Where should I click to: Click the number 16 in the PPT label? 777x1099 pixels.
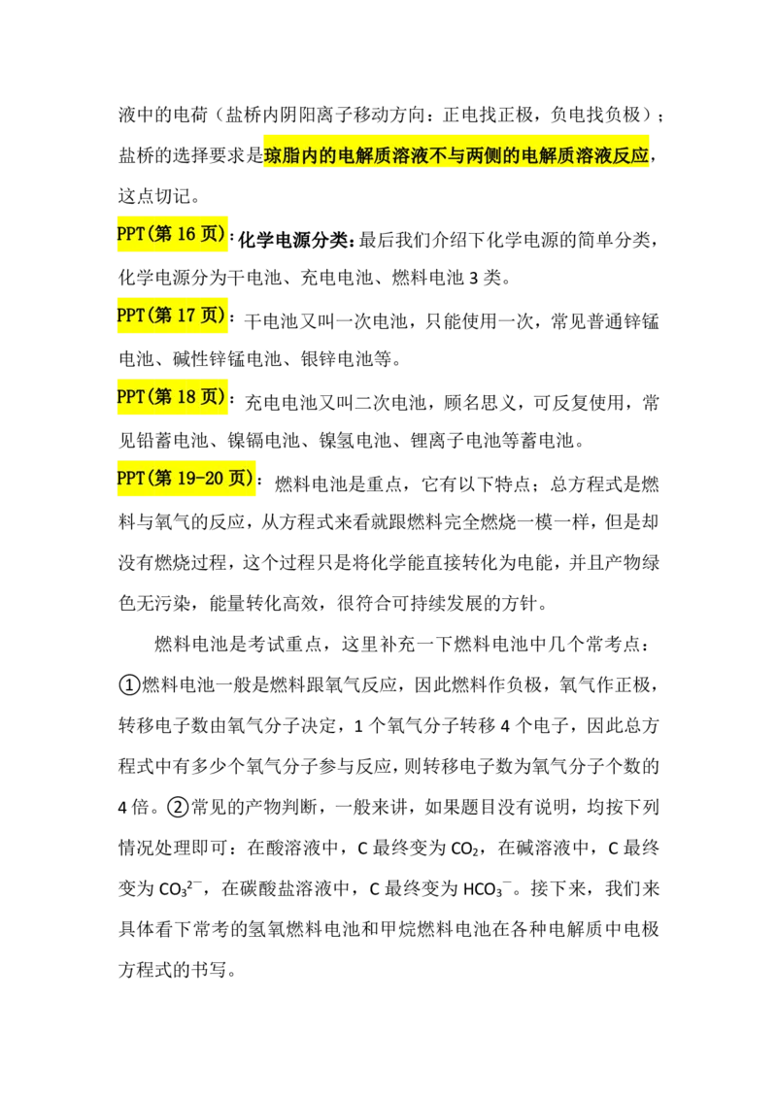[187, 235]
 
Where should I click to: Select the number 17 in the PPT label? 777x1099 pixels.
[187, 316]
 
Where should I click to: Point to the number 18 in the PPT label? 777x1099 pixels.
[187, 396]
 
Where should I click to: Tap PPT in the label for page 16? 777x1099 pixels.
[130, 235]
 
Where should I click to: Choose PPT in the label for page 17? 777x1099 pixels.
[130, 316]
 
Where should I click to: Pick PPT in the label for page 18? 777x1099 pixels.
[130, 396]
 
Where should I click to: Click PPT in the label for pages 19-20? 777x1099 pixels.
[130, 478]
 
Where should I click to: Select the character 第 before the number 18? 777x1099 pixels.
[162, 396]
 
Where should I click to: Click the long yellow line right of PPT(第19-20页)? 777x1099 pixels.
[515, 470]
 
